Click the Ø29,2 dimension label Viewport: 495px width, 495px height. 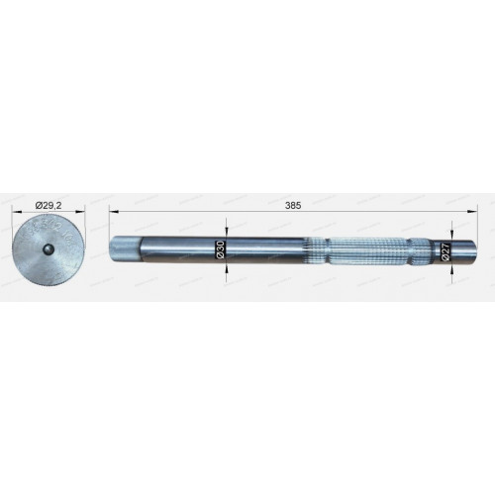[49, 206]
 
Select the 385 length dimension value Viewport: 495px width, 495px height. [293, 206]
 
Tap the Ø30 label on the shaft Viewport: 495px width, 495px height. [221, 249]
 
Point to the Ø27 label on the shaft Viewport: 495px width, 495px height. [445, 252]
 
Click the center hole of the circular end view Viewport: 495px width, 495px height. [49, 248]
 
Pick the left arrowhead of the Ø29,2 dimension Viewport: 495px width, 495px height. [16, 213]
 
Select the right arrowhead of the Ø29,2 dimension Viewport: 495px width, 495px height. [81, 213]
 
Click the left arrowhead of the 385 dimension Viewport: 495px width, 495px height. [113, 213]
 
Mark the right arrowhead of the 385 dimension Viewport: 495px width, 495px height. [473, 213]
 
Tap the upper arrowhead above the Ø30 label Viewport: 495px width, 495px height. [226, 232]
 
